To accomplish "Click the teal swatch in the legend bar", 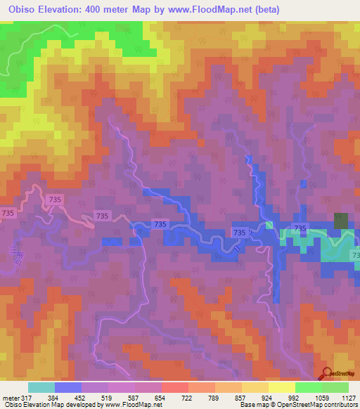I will pos(41,387).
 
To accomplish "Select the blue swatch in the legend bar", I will pos(68,387).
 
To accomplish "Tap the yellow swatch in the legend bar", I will pos(282,387).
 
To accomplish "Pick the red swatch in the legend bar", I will pos(175,387).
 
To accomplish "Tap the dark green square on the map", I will pos(341,220).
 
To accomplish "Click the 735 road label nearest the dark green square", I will pos(300,228).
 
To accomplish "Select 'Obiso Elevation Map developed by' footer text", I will pos(53,405).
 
